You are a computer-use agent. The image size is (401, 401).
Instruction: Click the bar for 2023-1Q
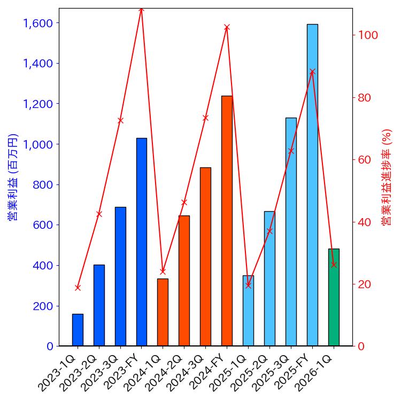pyautogui.click(x=78, y=330)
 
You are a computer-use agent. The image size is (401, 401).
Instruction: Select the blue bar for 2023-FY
pyautogui.click(x=142, y=242)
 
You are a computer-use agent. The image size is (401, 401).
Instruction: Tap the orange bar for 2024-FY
pyautogui.click(x=227, y=221)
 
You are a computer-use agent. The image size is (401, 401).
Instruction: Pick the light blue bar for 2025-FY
pyautogui.click(x=312, y=185)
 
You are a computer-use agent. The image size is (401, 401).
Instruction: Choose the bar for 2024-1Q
pyautogui.click(x=163, y=312)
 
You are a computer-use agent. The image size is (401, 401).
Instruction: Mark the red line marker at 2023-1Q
pyautogui.click(x=78, y=288)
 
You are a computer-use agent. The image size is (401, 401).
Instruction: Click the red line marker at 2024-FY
pyautogui.click(x=227, y=27)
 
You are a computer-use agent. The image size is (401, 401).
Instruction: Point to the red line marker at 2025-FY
pyautogui.click(x=312, y=72)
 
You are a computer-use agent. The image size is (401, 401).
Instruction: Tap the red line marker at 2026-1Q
pyautogui.click(x=334, y=264)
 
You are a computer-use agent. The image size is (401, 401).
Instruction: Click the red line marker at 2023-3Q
pyautogui.click(x=120, y=120)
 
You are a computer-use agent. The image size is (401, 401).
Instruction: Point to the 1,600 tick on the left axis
pyautogui.click(x=38, y=23)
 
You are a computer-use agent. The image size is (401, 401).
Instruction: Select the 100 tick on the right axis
pyautogui.click(x=368, y=35)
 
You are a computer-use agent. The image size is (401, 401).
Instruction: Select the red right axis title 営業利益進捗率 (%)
pyautogui.click(x=387, y=176)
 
